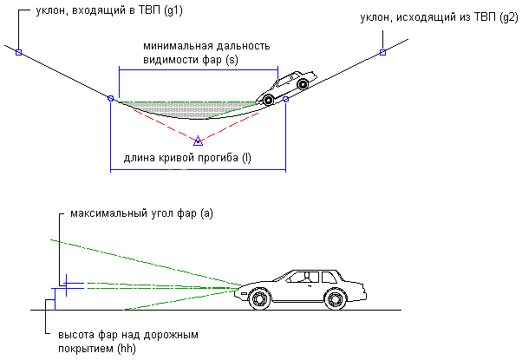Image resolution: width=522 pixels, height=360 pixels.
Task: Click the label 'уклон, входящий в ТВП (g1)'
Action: tap(109, 10)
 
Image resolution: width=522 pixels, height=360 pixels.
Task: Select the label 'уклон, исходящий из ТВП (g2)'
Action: tap(439, 17)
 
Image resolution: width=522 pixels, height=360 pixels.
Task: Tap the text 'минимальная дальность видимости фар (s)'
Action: tap(206, 53)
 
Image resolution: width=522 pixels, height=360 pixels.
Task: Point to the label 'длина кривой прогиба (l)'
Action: tap(187, 158)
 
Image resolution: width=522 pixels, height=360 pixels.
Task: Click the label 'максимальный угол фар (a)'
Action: tap(141, 213)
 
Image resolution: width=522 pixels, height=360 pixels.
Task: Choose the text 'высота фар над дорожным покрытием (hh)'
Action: tap(128, 342)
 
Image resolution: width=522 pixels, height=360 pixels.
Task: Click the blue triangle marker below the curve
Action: tap(198, 141)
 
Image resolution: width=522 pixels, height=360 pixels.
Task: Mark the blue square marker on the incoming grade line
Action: tap(19, 52)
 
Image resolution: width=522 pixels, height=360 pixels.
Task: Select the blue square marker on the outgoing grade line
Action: tap(383, 52)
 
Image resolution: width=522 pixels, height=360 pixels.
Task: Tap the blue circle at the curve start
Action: tap(111, 98)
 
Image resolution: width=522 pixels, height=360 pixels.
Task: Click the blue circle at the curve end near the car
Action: tap(285, 99)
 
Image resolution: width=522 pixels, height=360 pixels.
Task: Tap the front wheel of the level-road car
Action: tap(259, 298)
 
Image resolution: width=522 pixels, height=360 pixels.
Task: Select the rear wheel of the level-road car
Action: tap(335, 298)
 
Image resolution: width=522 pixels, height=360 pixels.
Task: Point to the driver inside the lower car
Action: tap(306, 278)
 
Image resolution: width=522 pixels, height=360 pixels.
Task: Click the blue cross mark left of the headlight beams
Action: tap(66, 285)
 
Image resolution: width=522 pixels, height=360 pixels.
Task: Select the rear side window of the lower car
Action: tap(329, 277)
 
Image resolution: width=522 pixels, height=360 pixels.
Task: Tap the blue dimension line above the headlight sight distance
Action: tap(199, 70)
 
